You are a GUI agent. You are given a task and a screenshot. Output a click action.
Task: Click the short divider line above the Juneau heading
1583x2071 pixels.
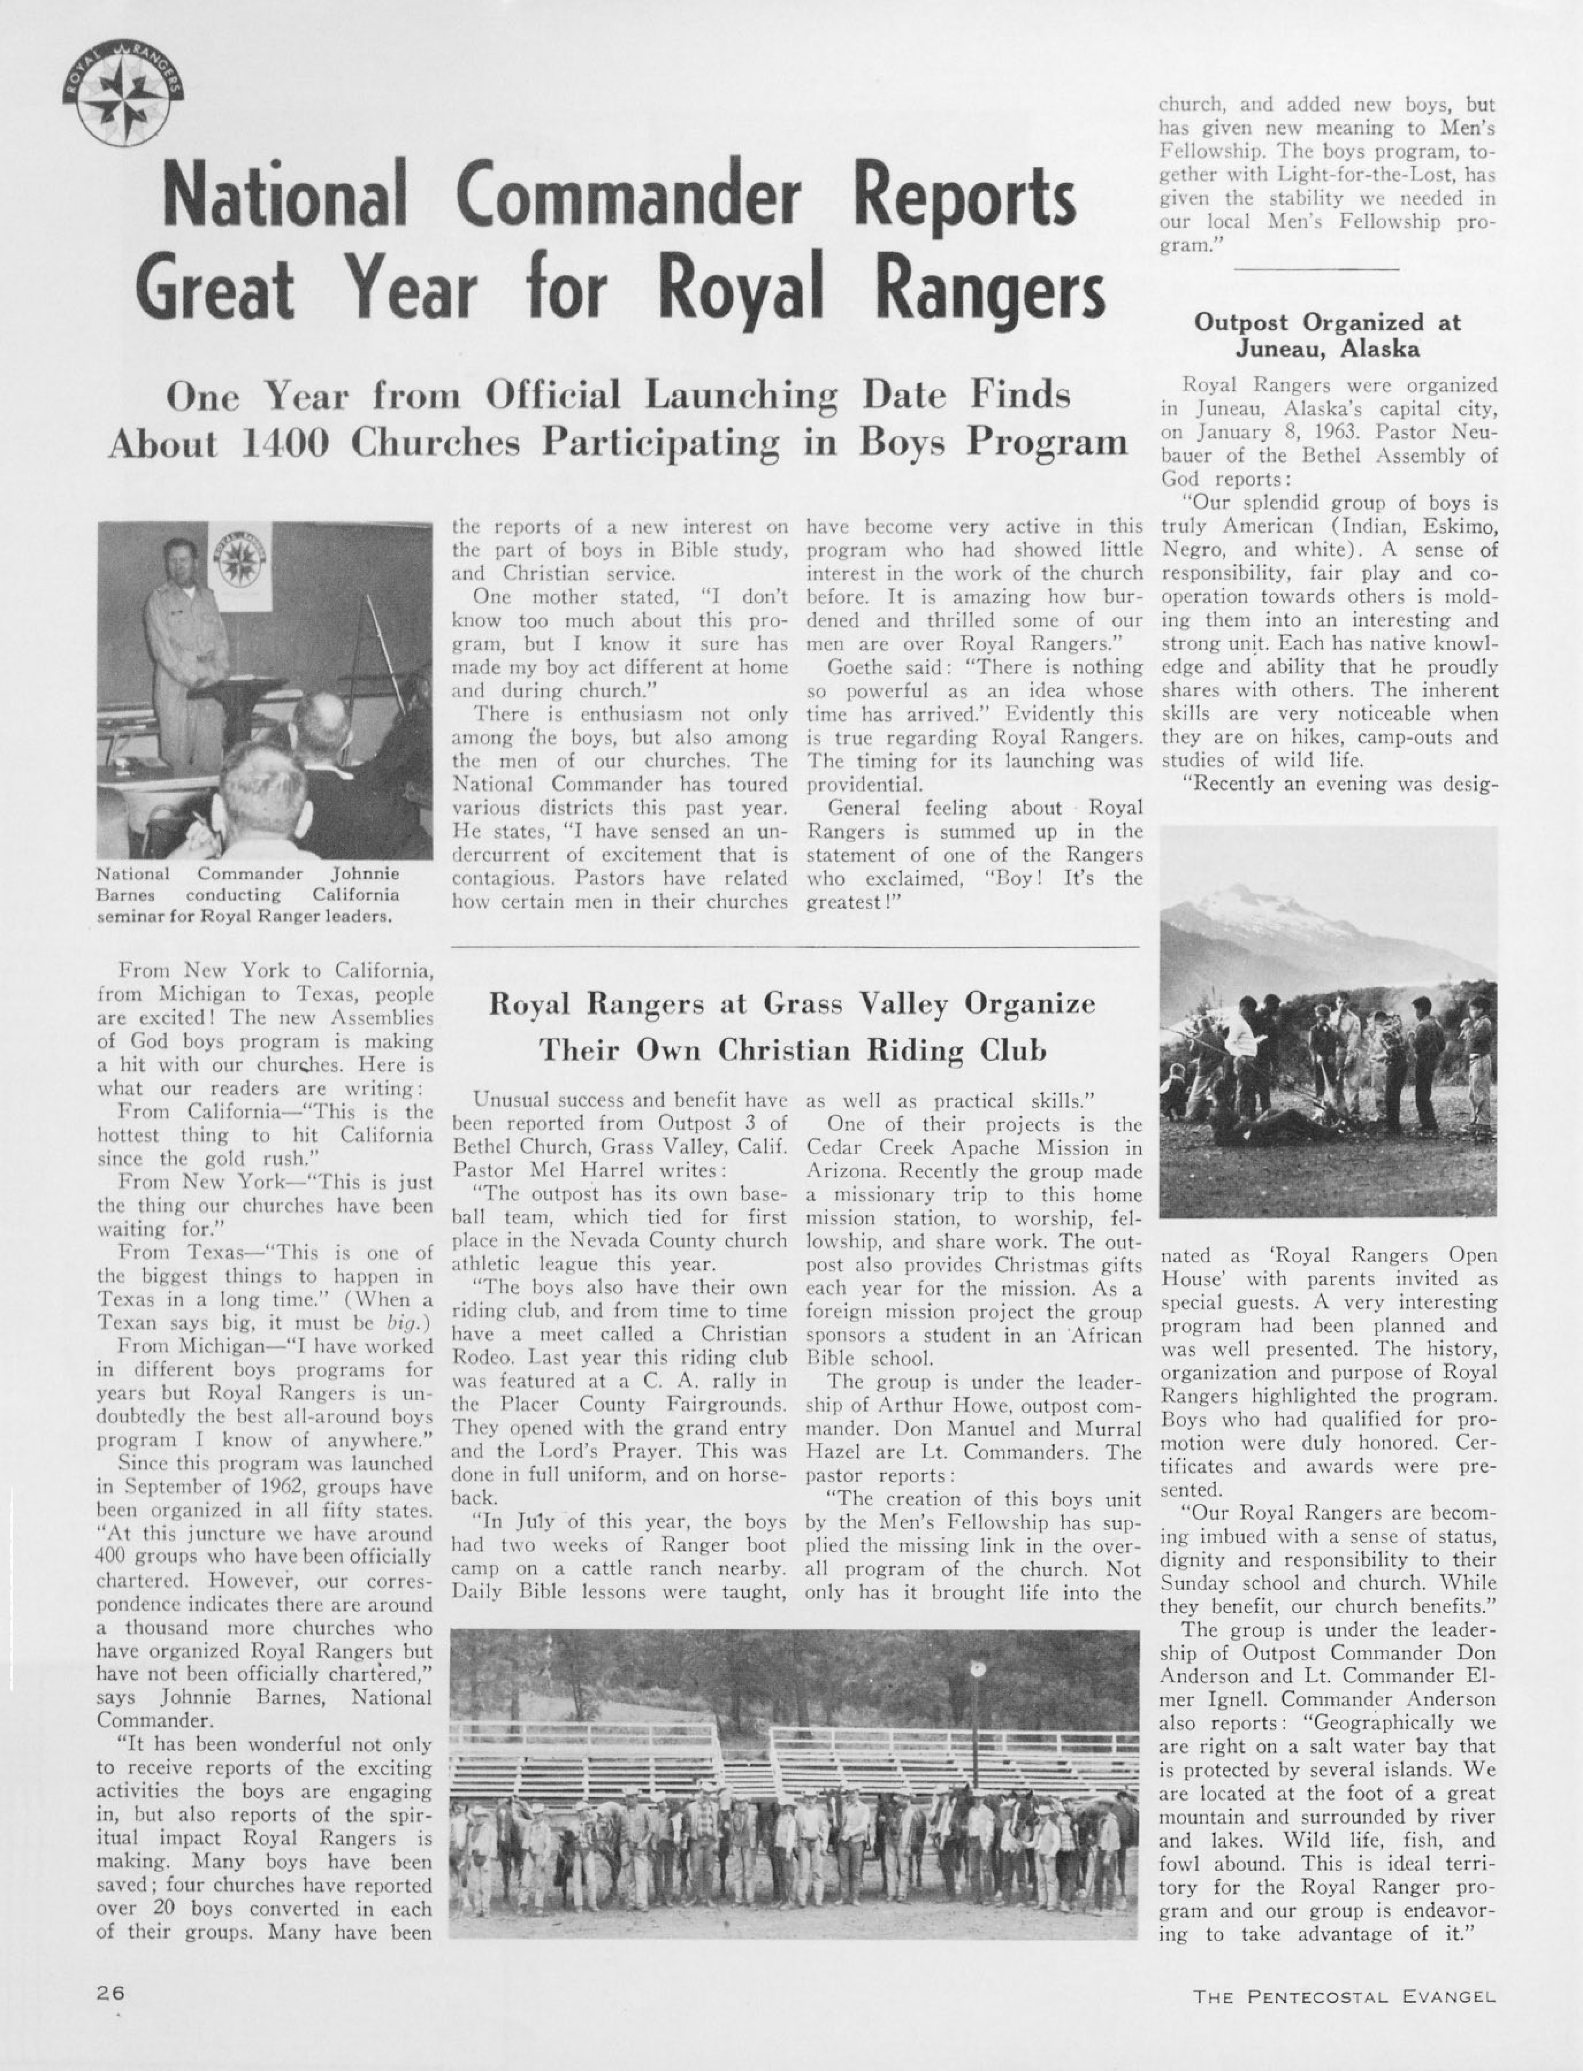pos(1316,269)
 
